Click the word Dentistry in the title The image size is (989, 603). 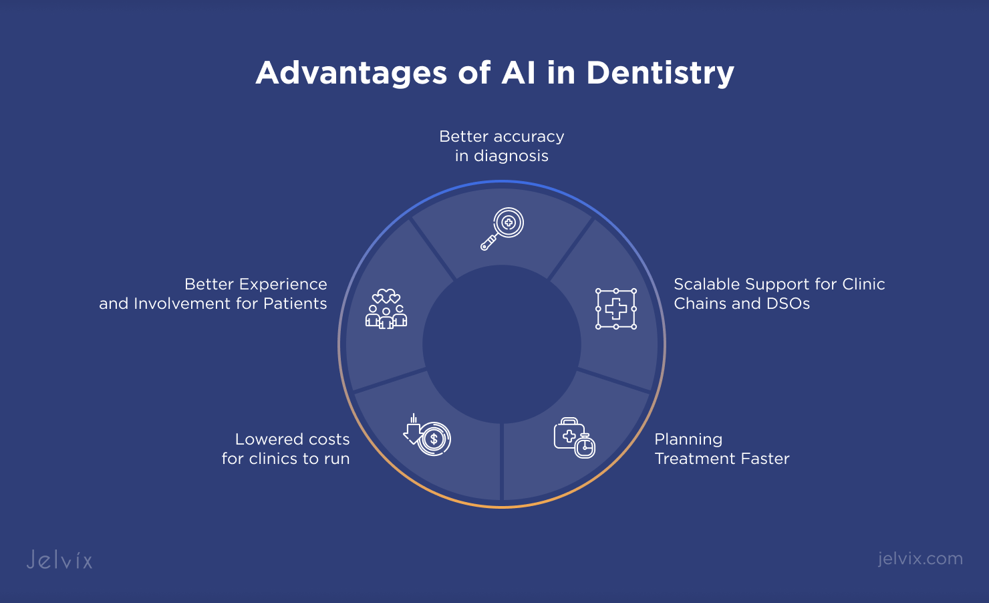click(x=660, y=74)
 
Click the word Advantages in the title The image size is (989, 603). click(x=351, y=74)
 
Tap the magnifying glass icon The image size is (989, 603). click(x=502, y=229)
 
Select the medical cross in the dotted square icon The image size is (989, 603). click(x=616, y=309)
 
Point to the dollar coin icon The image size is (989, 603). click(x=434, y=439)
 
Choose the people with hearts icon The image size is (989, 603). click(x=386, y=309)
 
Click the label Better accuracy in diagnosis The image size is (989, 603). click(x=502, y=146)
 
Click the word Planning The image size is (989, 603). click(x=688, y=440)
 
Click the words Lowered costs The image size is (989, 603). click(x=292, y=439)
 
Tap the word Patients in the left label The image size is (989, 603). click(x=295, y=304)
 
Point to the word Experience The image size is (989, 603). click(x=283, y=285)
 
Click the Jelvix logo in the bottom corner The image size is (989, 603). click(x=59, y=560)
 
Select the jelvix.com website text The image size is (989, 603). click(x=920, y=560)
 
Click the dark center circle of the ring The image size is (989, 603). click(x=502, y=344)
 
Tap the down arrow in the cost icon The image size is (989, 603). click(x=412, y=429)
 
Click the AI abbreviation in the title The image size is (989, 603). click(x=519, y=73)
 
